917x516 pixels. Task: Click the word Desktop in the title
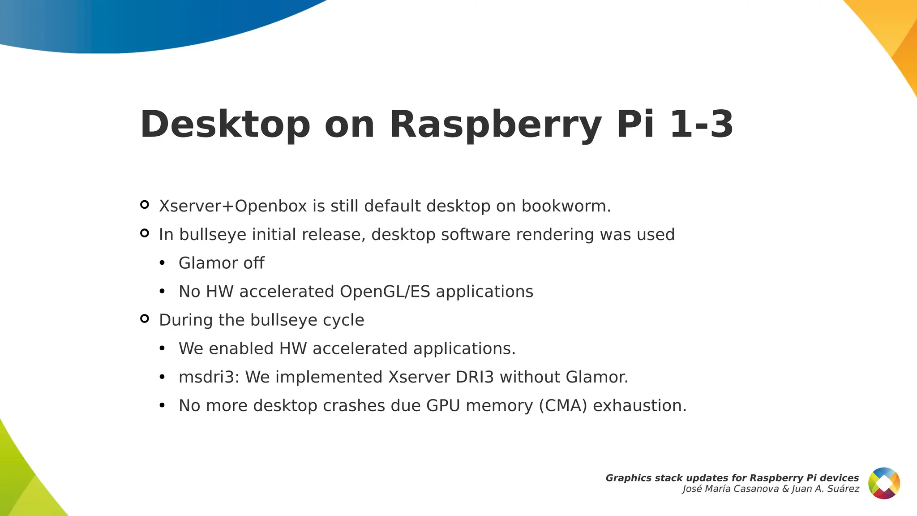225,125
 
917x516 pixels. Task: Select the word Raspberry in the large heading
495,125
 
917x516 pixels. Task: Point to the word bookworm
566,206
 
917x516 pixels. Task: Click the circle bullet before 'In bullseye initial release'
144,233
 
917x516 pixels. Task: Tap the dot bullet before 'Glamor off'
162,263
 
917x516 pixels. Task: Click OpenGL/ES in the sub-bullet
385,292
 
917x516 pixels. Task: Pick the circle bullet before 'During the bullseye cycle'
144,318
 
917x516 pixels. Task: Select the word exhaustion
639,406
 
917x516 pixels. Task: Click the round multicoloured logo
884,483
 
